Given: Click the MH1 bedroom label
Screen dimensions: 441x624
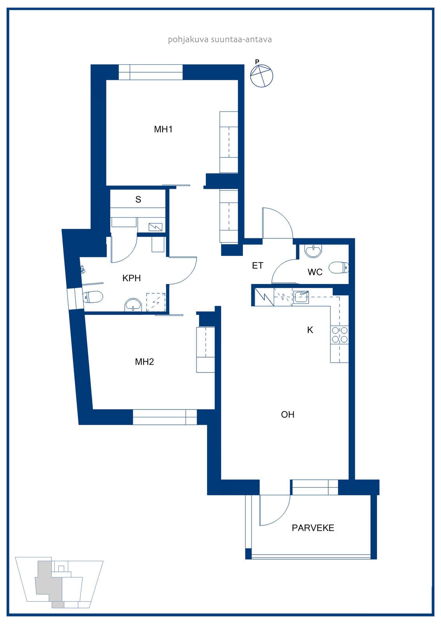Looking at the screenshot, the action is click(x=163, y=129).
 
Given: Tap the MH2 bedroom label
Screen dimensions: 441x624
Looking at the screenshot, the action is click(x=144, y=362).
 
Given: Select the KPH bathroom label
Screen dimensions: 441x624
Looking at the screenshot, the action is click(x=131, y=278).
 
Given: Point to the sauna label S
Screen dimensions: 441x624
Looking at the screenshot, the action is click(x=138, y=199).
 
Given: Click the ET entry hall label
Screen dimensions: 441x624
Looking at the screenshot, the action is click(x=257, y=266).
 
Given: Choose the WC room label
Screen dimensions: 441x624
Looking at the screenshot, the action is click(x=315, y=272).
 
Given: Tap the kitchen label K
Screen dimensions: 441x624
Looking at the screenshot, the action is click(x=310, y=330).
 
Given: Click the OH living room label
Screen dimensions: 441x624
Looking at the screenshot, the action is click(x=288, y=415).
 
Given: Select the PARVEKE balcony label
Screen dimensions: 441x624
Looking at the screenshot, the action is click(x=313, y=528).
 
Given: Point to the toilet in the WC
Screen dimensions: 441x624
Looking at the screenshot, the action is click(x=338, y=268).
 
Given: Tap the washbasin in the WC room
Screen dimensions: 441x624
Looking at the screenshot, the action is click(x=313, y=251).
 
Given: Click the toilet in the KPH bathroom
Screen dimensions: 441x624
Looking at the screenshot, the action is click(x=93, y=297).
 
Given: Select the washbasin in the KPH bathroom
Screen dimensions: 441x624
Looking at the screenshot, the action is click(x=133, y=305).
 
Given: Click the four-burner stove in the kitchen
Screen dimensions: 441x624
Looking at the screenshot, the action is click(x=340, y=335).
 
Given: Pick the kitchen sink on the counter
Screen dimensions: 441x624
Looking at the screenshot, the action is click(x=301, y=297).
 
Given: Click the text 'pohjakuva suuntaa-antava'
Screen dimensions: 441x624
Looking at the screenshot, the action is click(x=220, y=39).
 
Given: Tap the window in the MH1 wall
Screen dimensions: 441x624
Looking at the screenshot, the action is click(x=151, y=72).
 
